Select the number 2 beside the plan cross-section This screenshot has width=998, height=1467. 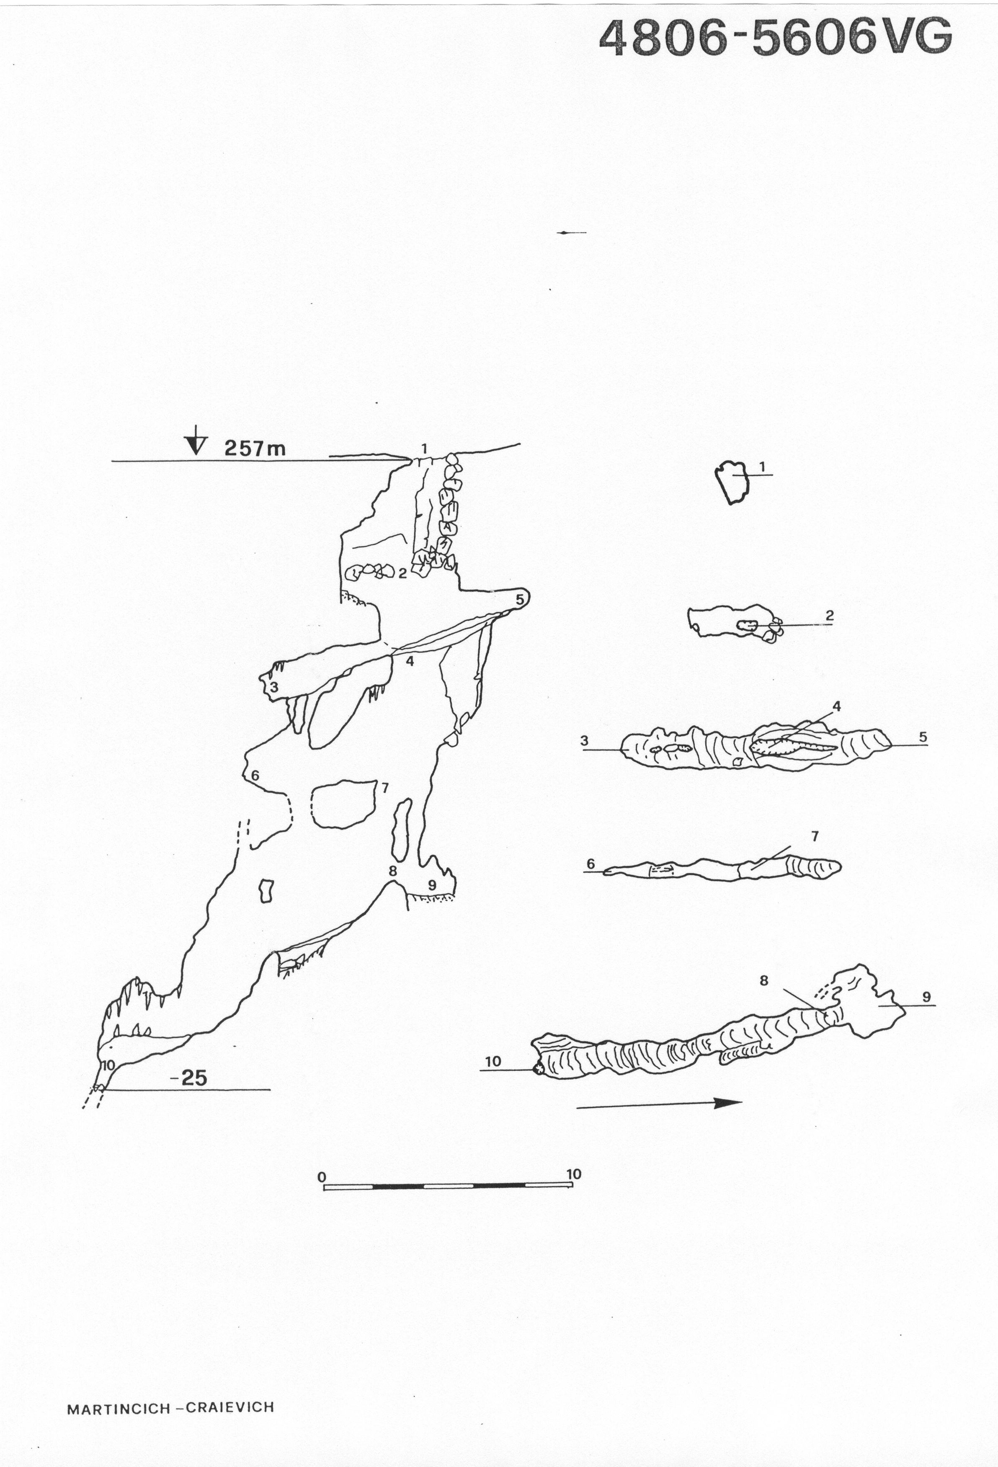[830, 615]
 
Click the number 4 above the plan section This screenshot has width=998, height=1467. [837, 706]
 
